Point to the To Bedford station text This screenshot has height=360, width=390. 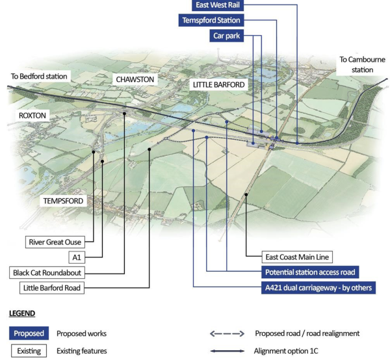[39, 76]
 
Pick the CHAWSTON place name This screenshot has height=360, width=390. [135, 79]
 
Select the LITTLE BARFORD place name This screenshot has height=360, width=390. [218, 85]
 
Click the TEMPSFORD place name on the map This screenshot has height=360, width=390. [63, 201]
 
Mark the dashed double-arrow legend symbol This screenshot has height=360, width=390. [226, 333]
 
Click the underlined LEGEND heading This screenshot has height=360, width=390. [23, 313]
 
